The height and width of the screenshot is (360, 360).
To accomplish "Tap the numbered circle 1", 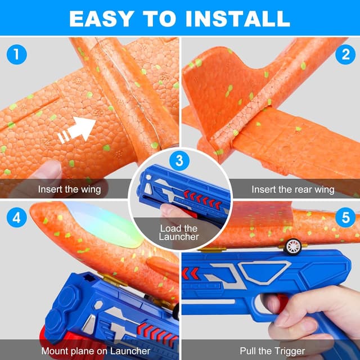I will [x=17, y=55].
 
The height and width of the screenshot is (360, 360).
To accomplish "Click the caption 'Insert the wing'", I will [x=70, y=189].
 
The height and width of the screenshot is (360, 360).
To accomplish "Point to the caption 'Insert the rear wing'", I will [x=292, y=189].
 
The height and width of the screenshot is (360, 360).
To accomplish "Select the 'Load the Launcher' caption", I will [x=179, y=232].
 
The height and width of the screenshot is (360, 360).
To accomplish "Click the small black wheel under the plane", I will [x=292, y=246].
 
